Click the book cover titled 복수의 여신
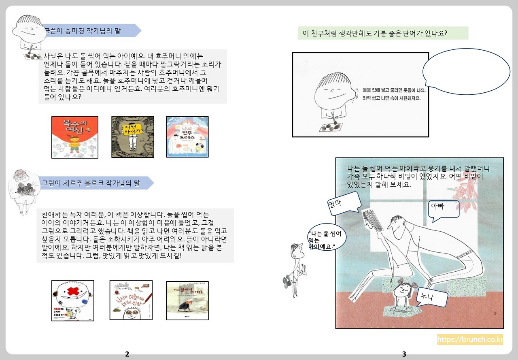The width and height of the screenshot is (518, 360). click(75, 137)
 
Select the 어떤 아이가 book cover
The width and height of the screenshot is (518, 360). click(133, 137)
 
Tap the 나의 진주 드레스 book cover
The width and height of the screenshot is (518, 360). click(187, 137)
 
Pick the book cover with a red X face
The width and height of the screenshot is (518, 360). click(73, 300)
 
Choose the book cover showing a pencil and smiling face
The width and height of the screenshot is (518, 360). click(131, 300)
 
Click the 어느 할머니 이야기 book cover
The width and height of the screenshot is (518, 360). click(187, 300)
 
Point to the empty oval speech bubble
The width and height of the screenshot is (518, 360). click(466, 71)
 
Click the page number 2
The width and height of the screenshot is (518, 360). click(127, 354)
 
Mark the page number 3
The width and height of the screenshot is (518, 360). click(404, 354)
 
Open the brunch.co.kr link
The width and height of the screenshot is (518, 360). click(469, 339)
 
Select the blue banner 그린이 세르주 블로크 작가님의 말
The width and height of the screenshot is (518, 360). click(96, 183)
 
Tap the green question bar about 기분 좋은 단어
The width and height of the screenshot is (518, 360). click(383, 33)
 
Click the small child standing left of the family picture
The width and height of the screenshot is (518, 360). click(295, 269)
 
